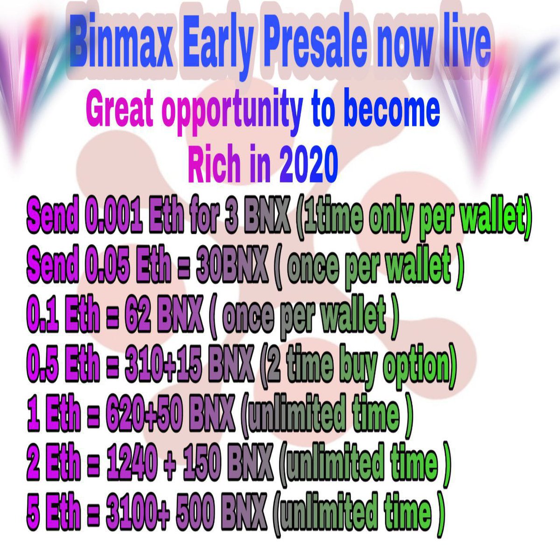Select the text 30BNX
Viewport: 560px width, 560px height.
(x=231, y=266)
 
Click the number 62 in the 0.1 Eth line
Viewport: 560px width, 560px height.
(x=133, y=315)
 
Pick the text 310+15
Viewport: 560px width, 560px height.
(x=163, y=364)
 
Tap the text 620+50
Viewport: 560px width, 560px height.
(x=144, y=413)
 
